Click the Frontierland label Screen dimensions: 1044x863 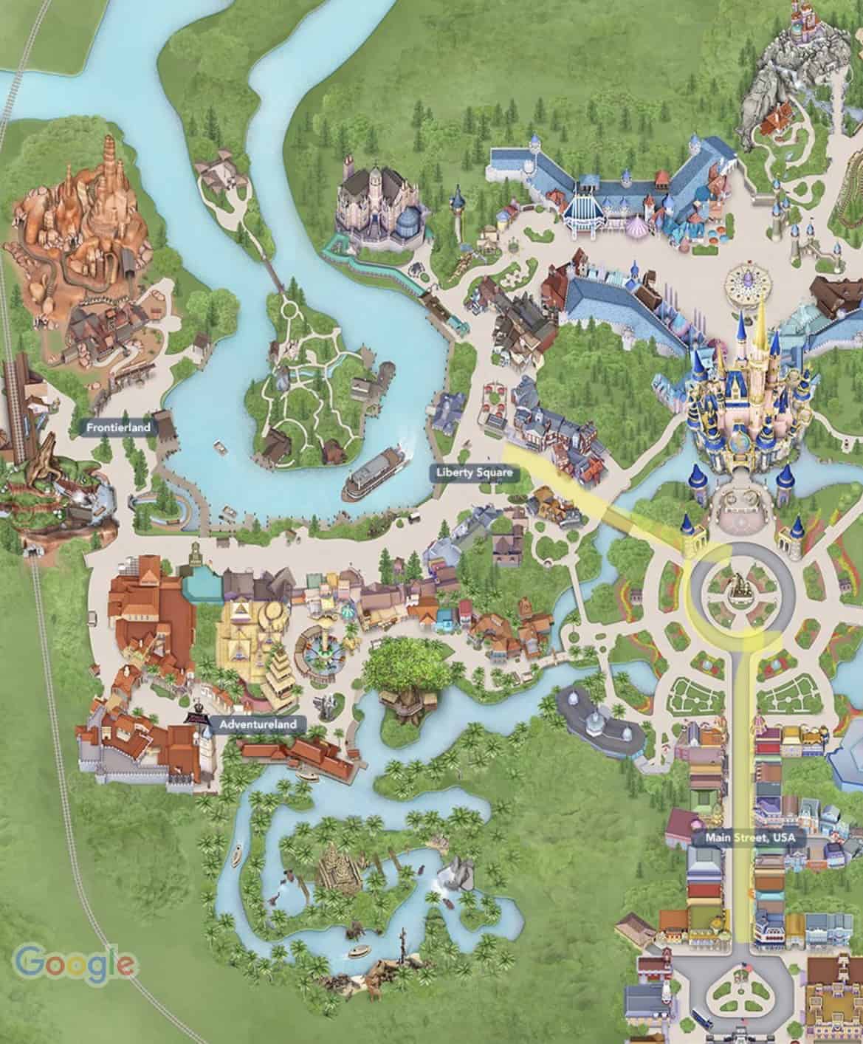[119, 427]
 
